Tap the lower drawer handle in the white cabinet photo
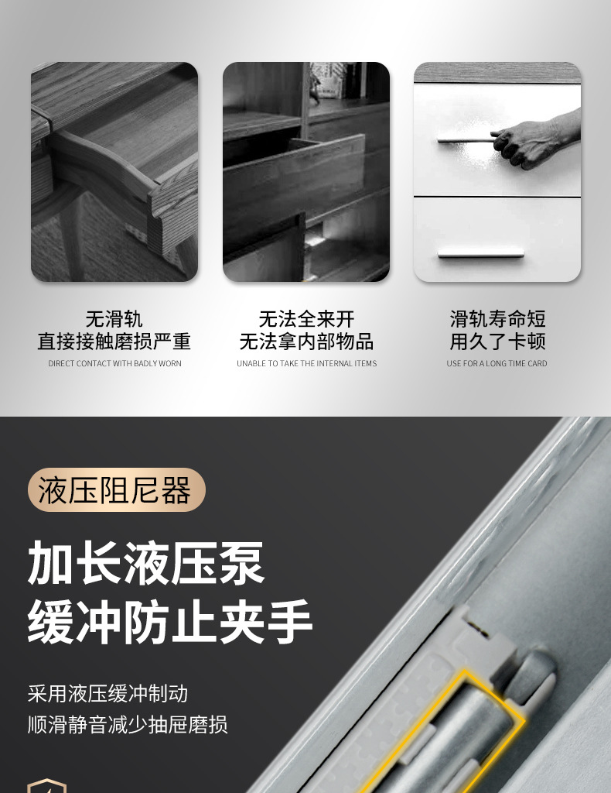pyautogui.click(x=480, y=252)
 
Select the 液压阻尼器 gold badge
pyautogui.click(x=116, y=490)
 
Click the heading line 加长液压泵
pyautogui.click(x=146, y=563)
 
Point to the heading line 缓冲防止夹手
pyautogui.click(x=170, y=622)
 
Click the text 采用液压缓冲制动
pyautogui.click(x=108, y=693)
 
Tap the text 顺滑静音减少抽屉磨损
pyautogui.click(x=128, y=725)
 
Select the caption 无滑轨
pyautogui.click(x=114, y=319)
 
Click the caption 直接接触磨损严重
pyautogui.click(x=114, y=342)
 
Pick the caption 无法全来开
pyautogui.click(x=306, y=319)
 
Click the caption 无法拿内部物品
pyautogui.click(x=306, y=342)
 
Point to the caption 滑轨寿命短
pyautogui.click(x=497, y=319)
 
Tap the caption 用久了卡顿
pyautogui.click(x=497, y=342)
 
